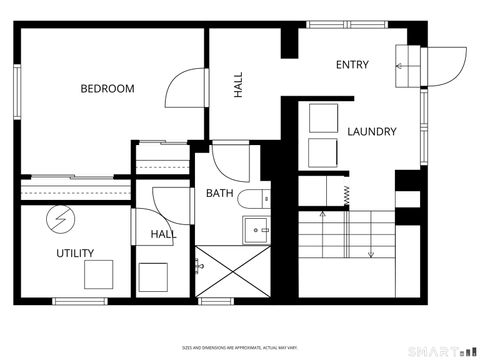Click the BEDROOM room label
(107, 88)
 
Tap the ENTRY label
(352, 65)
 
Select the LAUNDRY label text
(372, 131)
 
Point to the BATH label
(220, 193)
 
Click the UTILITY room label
(75, 253)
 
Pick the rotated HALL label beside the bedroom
(239, 86)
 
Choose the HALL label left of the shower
(162, 234)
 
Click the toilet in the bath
(254, 196)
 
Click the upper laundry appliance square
(323, 118)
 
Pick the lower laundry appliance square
(323, 152)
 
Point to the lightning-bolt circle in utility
(62, 216)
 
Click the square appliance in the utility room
(98, 272)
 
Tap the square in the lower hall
(154, 275)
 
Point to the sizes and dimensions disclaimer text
(239, 349)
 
